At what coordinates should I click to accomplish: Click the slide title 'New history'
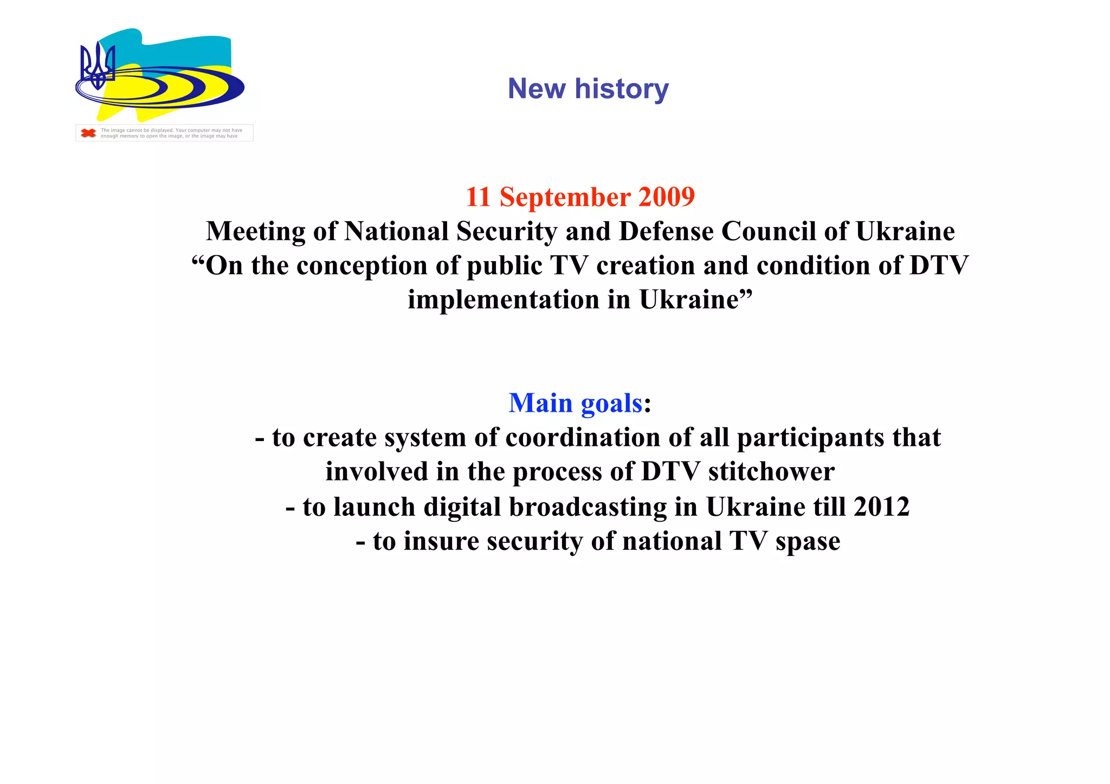[588, 88]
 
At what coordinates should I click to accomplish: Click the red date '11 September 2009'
[580, 197]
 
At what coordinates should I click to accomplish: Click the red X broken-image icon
[88, 133]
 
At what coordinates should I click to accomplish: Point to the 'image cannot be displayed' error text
[171, 133]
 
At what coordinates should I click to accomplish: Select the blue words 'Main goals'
[575, 403]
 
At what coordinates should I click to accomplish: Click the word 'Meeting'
[255, 232]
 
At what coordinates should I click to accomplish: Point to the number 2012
[881, 507]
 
